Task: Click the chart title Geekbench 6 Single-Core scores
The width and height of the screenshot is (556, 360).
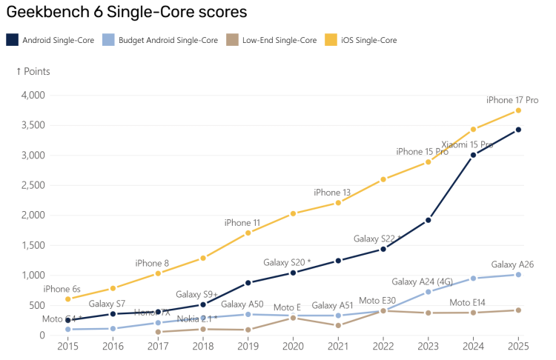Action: pyautogui.click(x=127, y=13)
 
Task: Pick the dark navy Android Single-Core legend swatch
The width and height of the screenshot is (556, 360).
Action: pyautogui.click(x=12, y=40)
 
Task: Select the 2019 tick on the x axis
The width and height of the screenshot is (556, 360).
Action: pyautogui.click(x=248, y=346)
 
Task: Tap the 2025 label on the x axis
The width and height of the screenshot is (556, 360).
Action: pyautogui.click(x=518, y=346)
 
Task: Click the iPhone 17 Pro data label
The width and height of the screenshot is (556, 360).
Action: pyautogui.click(x=512, y=100)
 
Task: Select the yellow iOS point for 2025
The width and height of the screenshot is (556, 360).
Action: pyautogui.click(x=518, y=110)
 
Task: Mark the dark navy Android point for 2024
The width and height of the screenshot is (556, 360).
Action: pyautogui.click(x=473, y=155)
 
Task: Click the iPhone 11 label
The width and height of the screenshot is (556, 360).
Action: pyautogui.click(x=242, y=222)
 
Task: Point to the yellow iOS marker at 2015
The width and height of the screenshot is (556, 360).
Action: pyautogui.click(x=67, y=299)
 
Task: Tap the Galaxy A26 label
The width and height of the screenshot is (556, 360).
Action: pyautogui.click(x=512, y=264)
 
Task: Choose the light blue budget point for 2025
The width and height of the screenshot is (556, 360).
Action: pyautogui.click(x=518, y=275)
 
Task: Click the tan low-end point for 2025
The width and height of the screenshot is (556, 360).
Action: pyautogui.click(x=518, y=310)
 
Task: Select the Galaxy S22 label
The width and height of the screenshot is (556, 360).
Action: pyautogui.click(x=377, y=239)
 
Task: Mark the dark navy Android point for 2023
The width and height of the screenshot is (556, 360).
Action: pyautogui.click(x=428, y=220)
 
